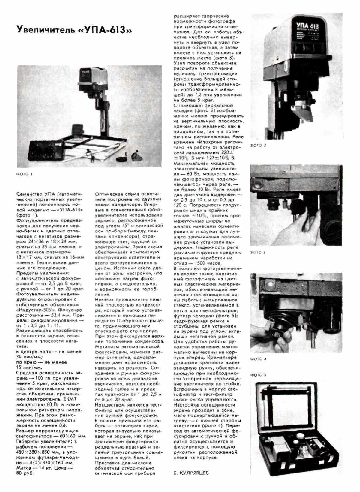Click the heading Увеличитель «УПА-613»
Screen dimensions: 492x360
click(74, 30)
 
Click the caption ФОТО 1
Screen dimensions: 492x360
click(24, 174)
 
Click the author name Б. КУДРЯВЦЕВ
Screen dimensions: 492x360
click(191, 473)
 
